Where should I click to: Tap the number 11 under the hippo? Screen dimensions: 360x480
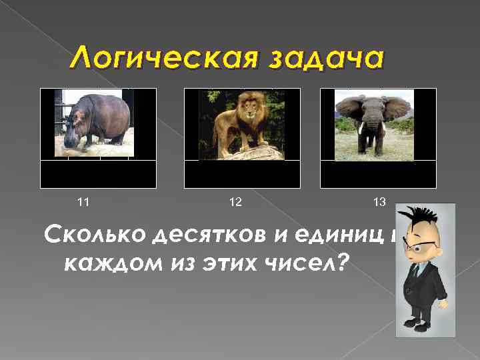[84, 201]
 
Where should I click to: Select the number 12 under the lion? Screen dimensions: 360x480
[235, 201]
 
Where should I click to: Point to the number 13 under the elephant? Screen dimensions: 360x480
[379, 201]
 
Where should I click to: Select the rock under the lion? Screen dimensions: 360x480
[240, 151]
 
